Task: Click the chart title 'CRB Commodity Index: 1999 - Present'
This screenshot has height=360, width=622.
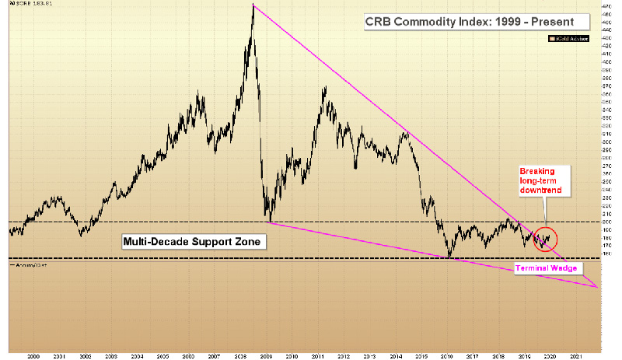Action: (469, 23)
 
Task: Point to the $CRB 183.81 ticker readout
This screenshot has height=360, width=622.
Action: (29, 5)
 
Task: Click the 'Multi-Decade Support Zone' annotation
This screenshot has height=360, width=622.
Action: (194, 242)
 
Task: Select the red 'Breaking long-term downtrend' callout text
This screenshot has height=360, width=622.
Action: (540, 181)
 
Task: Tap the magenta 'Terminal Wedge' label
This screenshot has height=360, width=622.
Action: (545, 267)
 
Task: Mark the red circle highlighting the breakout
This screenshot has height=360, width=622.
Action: (547, 240)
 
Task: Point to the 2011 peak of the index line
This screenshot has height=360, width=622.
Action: (323, 87)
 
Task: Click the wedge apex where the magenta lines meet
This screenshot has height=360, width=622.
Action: (596, 287)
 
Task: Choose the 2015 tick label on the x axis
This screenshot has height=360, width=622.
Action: (422, 354)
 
